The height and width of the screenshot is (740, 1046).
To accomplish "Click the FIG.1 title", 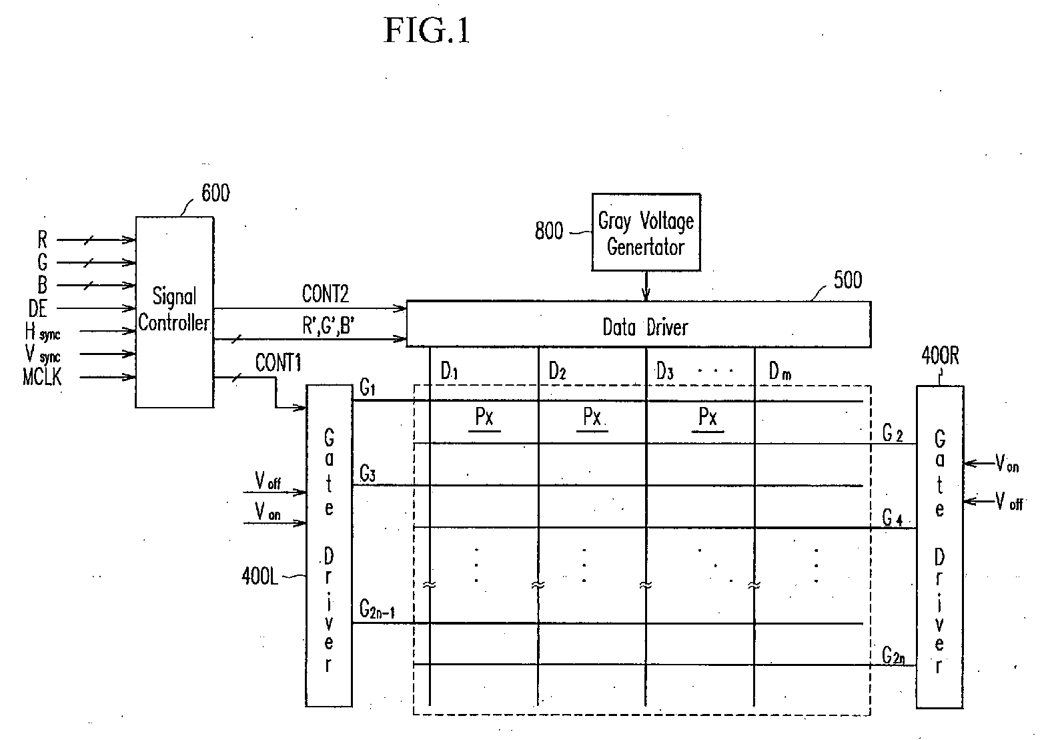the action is pos(427,30).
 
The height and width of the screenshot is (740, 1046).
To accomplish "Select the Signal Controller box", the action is pos(175,312).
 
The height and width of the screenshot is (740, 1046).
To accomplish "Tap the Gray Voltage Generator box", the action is pos(646,232).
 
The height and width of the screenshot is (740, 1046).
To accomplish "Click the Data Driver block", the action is pos(638,324).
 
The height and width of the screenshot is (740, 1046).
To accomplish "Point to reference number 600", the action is pos(215,193).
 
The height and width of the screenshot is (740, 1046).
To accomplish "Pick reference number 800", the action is pos(549,231).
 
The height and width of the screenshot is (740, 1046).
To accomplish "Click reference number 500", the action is pos(847,280).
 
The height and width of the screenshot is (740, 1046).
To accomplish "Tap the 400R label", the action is pos(940,356).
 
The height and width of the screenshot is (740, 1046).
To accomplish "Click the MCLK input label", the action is pos(42,377).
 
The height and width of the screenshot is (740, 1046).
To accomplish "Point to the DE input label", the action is pos(38,308).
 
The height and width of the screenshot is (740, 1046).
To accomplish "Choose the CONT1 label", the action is pos(278,362).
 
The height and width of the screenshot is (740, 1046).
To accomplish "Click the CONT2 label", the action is pos(325,294).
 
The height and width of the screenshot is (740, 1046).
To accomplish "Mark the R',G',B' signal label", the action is pos(328,326).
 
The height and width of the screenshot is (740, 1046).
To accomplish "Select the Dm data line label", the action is pos(780,372).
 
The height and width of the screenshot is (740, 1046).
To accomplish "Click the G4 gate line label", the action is pos(892,518).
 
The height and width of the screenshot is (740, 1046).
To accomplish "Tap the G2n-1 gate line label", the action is pos(377,609).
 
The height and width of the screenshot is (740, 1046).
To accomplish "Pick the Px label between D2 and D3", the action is pos(592,416).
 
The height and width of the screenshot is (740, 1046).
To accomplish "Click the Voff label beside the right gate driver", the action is pos(1009,501).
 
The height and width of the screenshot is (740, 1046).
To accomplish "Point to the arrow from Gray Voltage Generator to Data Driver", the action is pos(646,286).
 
